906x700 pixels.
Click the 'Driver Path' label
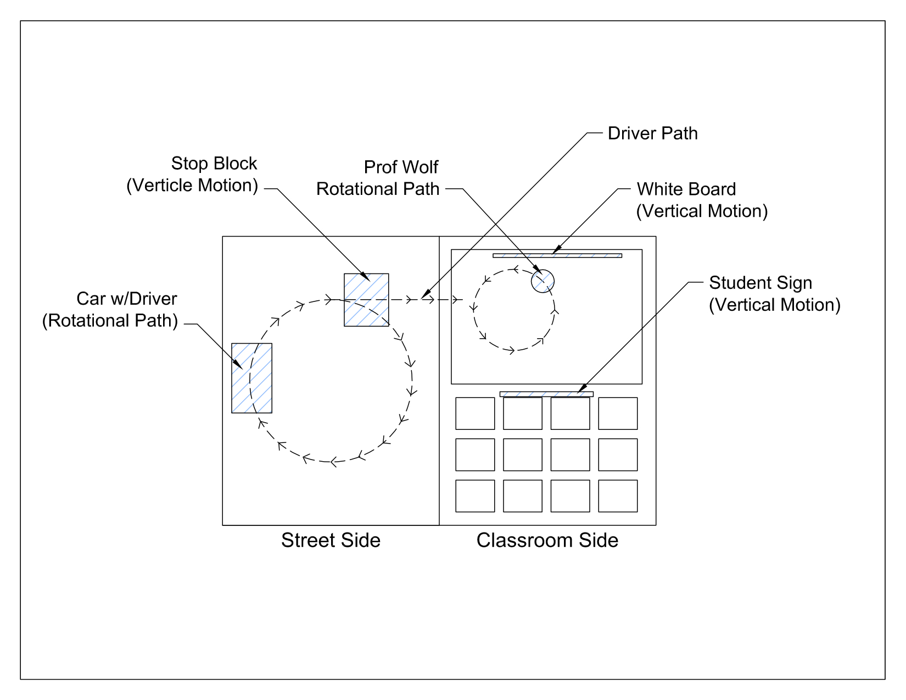pos(652,133)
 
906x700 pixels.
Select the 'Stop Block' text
pos(214,164)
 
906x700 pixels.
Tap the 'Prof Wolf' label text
pos(401,167)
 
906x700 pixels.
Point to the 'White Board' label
pos(686,189)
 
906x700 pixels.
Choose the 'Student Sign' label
pos(760,283)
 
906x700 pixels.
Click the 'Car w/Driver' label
pos(126,299)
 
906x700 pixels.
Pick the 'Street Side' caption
pos(331,540)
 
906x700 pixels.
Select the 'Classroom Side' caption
pos(547,540)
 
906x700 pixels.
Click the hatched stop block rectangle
pos(366,300)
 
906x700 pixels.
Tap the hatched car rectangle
pos(251,378)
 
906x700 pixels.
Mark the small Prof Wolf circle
pos(543,281)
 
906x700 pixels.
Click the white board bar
pos(557,255)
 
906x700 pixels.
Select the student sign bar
pos(546,394)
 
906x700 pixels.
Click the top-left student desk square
pos(475,413)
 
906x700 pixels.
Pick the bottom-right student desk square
pos(618,496)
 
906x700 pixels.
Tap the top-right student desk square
pos(618,413)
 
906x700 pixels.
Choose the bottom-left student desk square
pos(475,496)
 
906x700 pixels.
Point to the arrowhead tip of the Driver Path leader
pos(422,299)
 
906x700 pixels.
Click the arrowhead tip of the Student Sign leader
pos(579,393)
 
